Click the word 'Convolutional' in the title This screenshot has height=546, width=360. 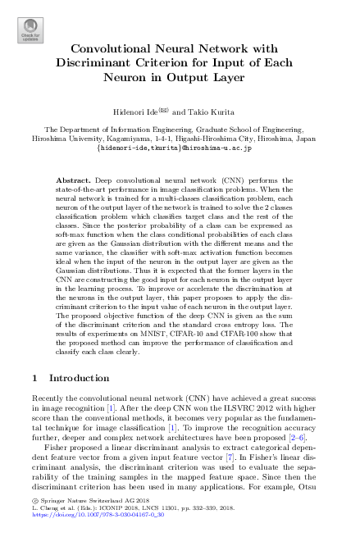pyautogui.click(x=117, y=49)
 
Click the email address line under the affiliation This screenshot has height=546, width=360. pyautogui.click(x=180, y=148)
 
